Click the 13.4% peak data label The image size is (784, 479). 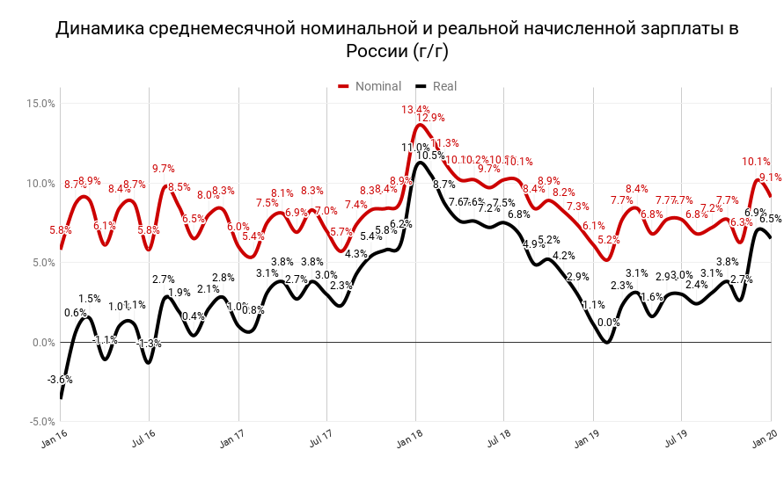tap(416, 110)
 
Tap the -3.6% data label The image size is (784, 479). tap(61, 380)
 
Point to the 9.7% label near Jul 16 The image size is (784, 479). tap(163, 169)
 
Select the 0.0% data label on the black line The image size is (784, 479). tap(608, 323)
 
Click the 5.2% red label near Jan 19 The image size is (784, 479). tap(608, 240)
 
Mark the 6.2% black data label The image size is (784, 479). tap(401, 224)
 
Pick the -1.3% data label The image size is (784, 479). tap(150, 344)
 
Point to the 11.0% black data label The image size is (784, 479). tap(415, 148)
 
